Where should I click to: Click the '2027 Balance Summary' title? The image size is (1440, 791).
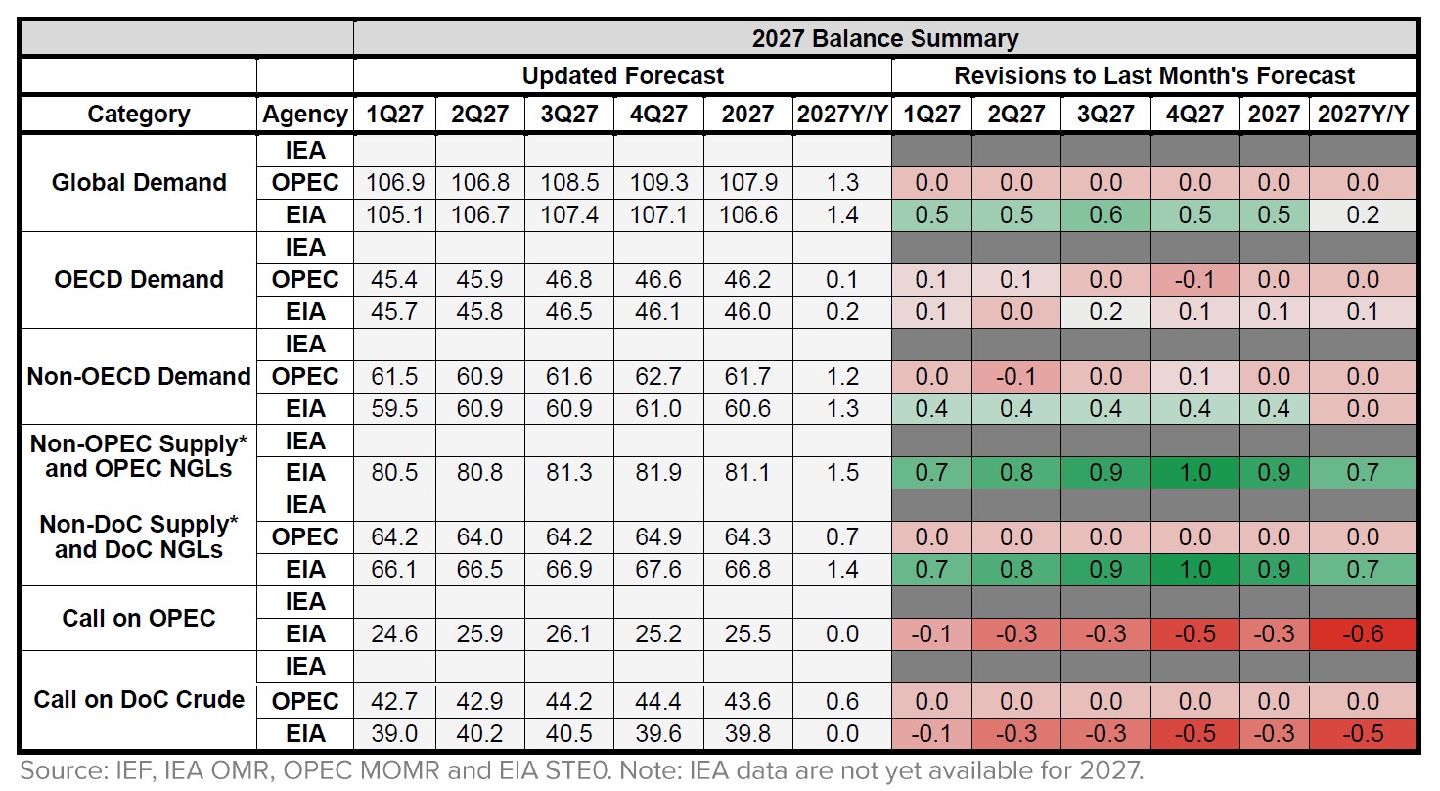(x=884, y=39)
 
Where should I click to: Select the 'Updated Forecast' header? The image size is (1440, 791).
(x=622, y=76)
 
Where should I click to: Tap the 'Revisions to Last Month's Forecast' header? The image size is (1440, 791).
(x=1154, y=76)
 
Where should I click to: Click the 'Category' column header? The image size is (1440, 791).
(x=139, y=115)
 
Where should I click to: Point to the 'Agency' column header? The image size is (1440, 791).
(x=305, y=115)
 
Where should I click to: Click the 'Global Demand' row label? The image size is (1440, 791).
(x=139, y=182)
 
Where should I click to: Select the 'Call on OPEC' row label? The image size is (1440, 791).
(x=139, y=618)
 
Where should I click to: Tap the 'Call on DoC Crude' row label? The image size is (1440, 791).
(x=139, y=699)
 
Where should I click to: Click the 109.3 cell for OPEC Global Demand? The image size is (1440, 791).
(x=658, y=183)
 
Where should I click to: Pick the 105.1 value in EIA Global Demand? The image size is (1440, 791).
(x=394, y=214)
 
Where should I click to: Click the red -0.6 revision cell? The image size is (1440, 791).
(x=1364, y=634)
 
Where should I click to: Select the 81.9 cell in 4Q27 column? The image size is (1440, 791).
(x=658, y=473)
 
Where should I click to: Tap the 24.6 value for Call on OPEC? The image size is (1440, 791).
(x=394, y=634)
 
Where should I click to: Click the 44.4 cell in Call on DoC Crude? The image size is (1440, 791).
(x=658, y=702)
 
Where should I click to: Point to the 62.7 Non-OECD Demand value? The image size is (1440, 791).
(x=658, y=377)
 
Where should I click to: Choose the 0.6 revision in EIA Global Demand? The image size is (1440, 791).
(x=1105, y=214)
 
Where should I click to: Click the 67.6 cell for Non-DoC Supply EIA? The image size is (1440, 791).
(x=658, y=570)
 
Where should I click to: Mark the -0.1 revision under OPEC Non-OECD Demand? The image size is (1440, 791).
(x=1016, y=377)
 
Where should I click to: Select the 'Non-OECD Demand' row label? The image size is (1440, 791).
(x=139, y=376)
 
